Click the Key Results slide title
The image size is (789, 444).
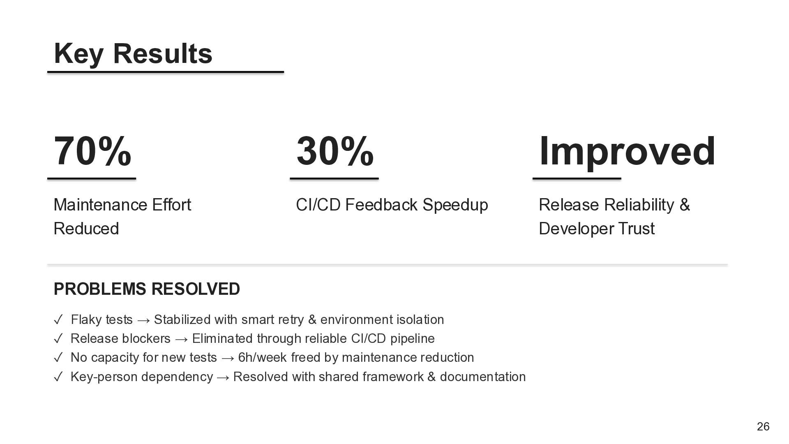click(133, 54)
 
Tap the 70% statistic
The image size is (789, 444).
click(92, 151)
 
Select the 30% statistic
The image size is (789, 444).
click(335, 151)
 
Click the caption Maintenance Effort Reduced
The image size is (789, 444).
click(122, 216)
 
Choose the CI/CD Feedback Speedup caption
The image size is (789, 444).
click(392, 205)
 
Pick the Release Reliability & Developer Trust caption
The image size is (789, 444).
click(614, 216)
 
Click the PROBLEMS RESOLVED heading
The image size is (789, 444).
click(147, 289)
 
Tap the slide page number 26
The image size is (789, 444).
click(763, 427)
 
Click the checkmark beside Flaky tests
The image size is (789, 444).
click(58, 319)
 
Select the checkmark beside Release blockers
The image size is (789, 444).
click(58, 338)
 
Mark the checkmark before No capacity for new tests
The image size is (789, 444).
click(58, 357)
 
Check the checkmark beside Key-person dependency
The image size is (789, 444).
click(58, 377)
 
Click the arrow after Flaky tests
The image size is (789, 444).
click(143, 320)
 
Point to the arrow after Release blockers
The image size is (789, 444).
click(181, 339)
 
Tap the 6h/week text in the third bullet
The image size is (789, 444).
click(263, 357)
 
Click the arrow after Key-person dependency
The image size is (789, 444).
click(223, 377)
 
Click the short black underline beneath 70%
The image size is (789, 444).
click(92, 179)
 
